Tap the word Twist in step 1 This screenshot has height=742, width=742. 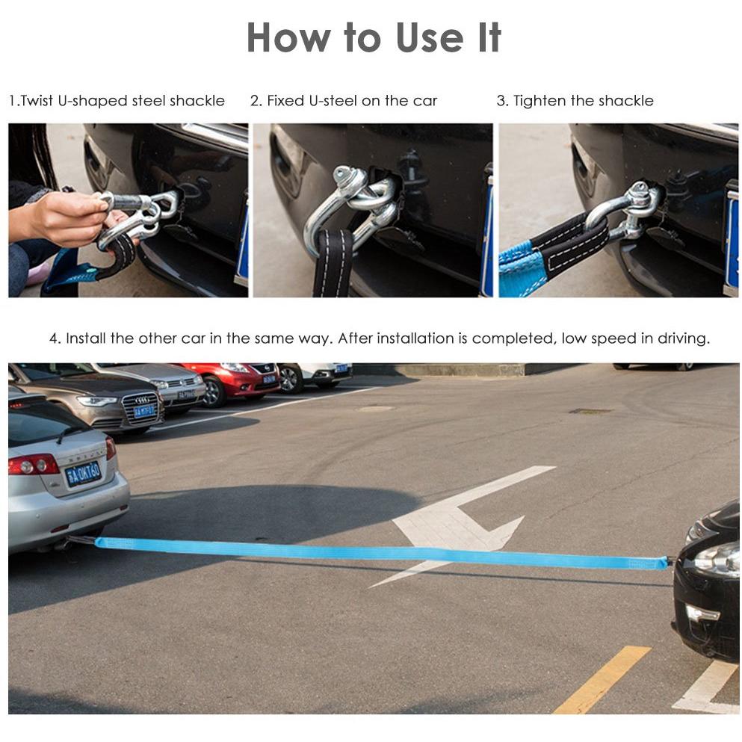(37, 101)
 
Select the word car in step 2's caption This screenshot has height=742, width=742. (425, 101)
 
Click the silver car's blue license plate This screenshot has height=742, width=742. (83, 474)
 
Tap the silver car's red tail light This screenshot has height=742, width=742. (33, 465)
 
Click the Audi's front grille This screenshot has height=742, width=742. (140, 408)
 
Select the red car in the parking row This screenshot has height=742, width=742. (229, 383)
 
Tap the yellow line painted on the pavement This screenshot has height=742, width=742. (603, 679)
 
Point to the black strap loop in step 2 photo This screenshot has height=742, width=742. (333, 262)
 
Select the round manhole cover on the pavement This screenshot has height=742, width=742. (375, 409)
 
